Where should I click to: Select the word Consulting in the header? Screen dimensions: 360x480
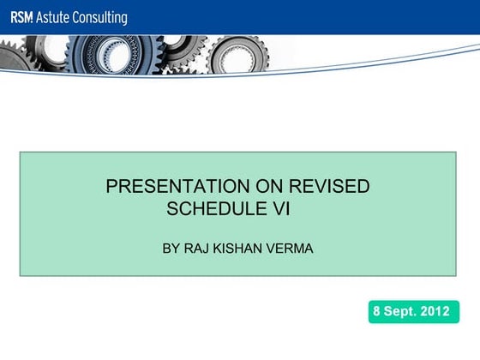pyautogui.click(x=100, y=17)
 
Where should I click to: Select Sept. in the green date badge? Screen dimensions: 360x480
pyautogui.click(x=402, y=312)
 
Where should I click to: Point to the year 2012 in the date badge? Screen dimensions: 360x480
pyautogui.click(x=435, y=312)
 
